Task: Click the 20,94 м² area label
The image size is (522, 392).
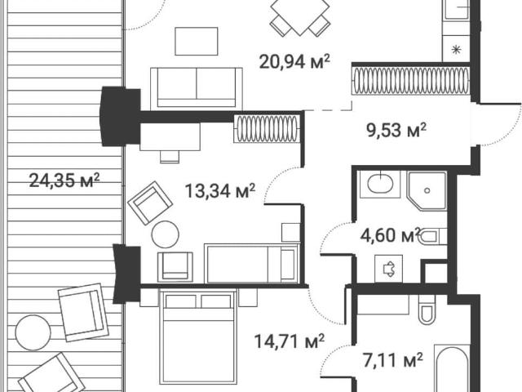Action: (x=294, y=62)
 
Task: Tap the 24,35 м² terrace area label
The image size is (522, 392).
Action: (x=64, y=180)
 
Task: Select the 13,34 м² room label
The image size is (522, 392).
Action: (x=219, y=191)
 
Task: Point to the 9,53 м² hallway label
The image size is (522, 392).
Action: (x=396, y=130)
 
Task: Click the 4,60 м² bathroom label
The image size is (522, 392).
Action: (x=391, y=235)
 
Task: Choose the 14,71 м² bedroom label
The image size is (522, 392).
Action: (x=290, y=341)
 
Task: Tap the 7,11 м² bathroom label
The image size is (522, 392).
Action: (x=393, y=361)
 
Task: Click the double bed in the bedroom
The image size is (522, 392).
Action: (x=198, y=336)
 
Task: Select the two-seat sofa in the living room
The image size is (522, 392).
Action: (x=196, y=89)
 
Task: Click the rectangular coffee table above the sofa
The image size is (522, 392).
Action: (x=197, y=42)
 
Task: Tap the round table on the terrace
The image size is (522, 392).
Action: (x=33, y=332)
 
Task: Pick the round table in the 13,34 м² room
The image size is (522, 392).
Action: (x=165, y=234)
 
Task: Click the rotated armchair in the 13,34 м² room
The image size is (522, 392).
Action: (x=150, y=203)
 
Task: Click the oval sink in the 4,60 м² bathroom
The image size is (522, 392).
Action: (x=381, y=183)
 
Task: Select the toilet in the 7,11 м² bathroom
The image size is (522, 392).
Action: (x=427, y=310)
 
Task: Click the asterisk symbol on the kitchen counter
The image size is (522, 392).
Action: (x=456, y=51)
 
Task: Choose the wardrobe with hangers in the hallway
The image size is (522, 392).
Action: (x=411, y=81)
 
